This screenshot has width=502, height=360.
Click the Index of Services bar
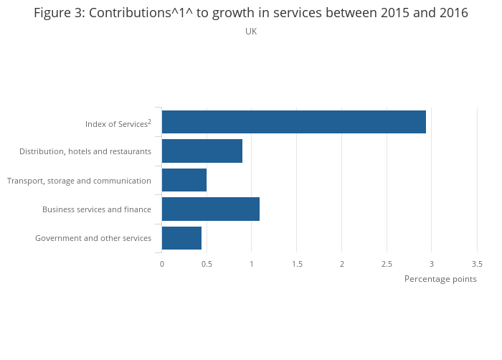pyautogui.click(x=294, y=122)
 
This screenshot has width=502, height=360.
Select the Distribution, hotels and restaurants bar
pyautogui.click(x=202, y=151)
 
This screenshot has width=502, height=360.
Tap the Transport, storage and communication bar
pyautogui.click(x=184, y=180)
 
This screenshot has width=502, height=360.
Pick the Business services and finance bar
pyautogui.click(x=211, y=209)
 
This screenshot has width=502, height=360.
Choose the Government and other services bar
pyautogui.click(x=181, y=238)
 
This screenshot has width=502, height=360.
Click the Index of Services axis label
pyautogui.click(x=116, y=124)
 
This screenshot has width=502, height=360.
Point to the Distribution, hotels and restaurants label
pyautogui.click(x=85, y=151)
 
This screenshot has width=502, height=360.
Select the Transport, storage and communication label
pyautogui.click(x=79, y=181)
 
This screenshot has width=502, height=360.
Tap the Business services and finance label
pyautogui.click(x=97, y=209)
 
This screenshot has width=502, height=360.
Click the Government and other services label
pyautogui.click(x=93, y=238)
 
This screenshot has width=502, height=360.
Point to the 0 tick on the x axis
pyautogui.click(x=162, y=264)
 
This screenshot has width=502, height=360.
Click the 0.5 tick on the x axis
pyautogui.click(x=207, y=264)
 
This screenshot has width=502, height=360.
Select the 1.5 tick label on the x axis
pyautogui.click(x=297, y=264)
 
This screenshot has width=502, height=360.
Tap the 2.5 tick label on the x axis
pyautogui.click(x=387, y=264)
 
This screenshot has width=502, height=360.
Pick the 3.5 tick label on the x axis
pyautogui.click(x=477, y=264)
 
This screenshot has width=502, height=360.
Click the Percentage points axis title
pyautogui.click(x=440, y=279)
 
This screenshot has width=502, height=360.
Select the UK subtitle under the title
pyautogui.click(x=251, y=32)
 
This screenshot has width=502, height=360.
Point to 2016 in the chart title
pyautogui.click(x=453, y=13)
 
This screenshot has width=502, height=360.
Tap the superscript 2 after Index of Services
pyautogui.click(x=149, y=121)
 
